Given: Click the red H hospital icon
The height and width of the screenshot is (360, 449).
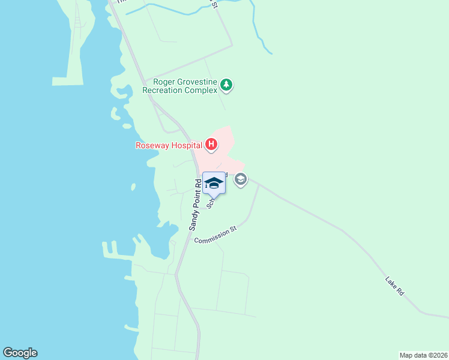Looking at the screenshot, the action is (211, 144).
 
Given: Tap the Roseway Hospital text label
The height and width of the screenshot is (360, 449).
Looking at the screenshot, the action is (168, 145).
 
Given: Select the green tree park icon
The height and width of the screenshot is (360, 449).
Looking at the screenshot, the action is (226, 85).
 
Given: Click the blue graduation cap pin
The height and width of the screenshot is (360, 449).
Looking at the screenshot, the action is (214, 183).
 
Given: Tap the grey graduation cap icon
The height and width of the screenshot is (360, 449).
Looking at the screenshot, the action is (241, 179).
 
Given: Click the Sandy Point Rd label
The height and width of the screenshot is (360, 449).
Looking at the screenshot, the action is (194, 205).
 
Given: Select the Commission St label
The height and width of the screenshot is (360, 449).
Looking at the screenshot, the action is (216, 234).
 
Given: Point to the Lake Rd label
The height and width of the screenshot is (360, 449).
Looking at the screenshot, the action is (395, 285).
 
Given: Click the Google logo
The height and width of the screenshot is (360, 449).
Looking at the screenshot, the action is (20, 353).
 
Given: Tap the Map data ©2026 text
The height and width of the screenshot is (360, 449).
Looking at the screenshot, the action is (423, 355).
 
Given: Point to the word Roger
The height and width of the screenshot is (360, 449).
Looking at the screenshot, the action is (164, 82).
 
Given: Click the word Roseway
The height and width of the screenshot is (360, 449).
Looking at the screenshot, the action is (150, 145).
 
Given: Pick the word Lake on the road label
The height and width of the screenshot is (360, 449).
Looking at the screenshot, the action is (391, 281).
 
